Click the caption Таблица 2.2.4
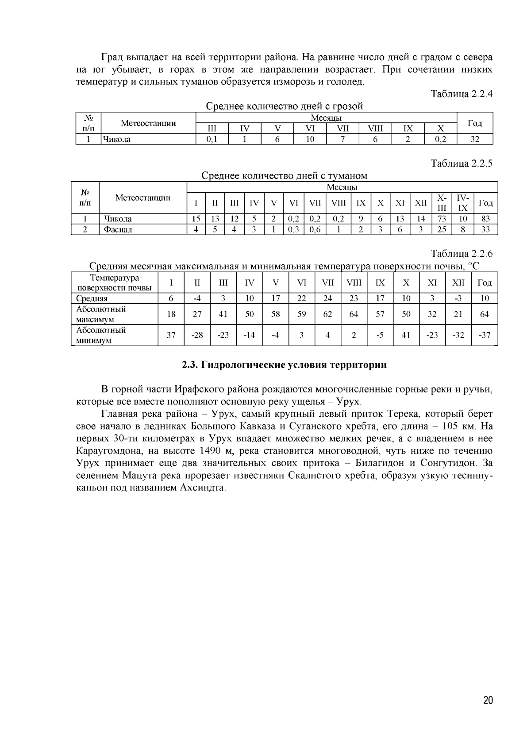pos(462,94)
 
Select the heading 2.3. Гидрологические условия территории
pos(285,365)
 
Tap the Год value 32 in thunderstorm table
pos(475,139)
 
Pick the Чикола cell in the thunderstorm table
pos(117,139)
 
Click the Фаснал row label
pos(118,229)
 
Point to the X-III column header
pos(442,203)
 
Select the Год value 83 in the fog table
pos(485,219)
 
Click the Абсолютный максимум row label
pos(101,314)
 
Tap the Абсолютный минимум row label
pos(101,335)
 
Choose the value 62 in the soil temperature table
pos(327,314)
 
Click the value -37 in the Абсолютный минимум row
pos(485,335)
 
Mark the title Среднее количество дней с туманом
pos(284,176)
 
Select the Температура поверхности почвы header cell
pos(114,283)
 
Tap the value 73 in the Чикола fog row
pos(442,219)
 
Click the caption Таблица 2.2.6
pos(462,254)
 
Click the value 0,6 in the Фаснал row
pos(315,229)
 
